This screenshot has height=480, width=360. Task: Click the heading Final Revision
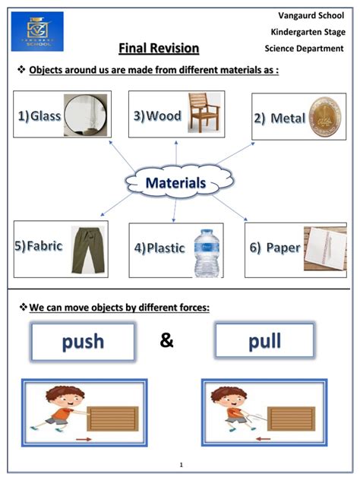point(159,49)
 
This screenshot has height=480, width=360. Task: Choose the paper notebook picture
point(325,248)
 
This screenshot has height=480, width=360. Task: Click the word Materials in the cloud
point(175,183)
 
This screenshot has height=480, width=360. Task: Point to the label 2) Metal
point(279,118)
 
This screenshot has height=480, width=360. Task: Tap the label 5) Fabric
point(38,246)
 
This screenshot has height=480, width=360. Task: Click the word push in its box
point(83,341)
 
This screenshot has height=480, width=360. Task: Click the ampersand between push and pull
point(167,341)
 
